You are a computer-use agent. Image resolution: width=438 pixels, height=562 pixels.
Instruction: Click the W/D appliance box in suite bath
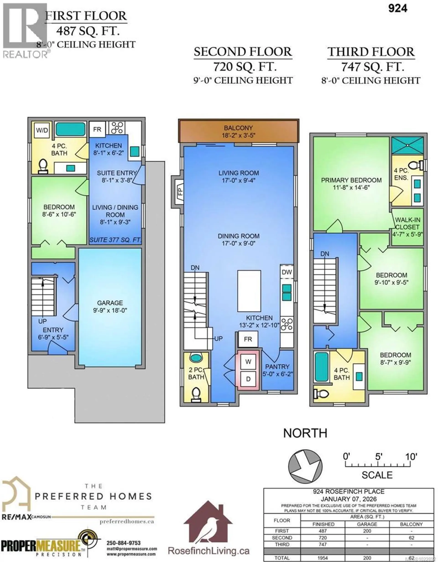42,130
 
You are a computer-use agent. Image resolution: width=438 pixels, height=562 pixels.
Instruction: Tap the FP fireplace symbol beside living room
179,191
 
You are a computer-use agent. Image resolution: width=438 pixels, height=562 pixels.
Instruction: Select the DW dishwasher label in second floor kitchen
287,272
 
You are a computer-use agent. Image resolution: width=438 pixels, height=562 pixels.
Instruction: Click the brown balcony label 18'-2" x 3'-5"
238,131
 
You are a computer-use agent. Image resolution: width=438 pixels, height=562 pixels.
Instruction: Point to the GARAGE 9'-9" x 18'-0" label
110,306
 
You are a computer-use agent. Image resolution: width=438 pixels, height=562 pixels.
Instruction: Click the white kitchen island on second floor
249,291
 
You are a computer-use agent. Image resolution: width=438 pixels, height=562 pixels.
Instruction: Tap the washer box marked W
248,362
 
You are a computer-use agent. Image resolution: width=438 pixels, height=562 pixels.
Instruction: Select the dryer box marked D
248,379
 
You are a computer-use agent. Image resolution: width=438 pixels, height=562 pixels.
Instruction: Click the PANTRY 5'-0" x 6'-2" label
277,370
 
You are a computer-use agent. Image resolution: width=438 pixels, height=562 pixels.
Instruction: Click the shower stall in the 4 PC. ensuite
407,145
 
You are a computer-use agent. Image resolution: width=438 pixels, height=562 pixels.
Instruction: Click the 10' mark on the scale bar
411,457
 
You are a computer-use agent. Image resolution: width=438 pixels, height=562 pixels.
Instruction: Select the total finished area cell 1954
322,558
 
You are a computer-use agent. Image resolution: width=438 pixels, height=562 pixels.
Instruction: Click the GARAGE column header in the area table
367,524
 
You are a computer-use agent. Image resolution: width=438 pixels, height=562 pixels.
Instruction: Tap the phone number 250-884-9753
124,543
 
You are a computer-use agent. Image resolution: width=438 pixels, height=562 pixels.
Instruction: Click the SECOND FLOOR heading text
243,52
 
